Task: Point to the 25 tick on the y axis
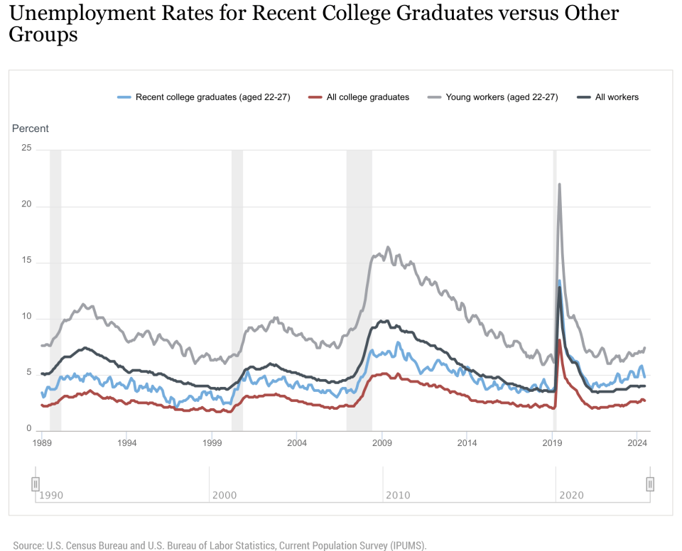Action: pos(27,148)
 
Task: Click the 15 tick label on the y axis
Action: pos(27,261)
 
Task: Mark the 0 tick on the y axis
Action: pos(29,429)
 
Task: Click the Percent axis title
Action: pos(31,129)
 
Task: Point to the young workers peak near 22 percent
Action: pos(560,185)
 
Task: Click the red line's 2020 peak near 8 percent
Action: pos(560,340)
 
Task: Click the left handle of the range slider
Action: pos(35,484)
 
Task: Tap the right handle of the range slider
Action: pos(649,484)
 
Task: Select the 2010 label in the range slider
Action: pos(398,494)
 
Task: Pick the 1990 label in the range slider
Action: pos(51,494)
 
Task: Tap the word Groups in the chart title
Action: pos(43,36)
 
